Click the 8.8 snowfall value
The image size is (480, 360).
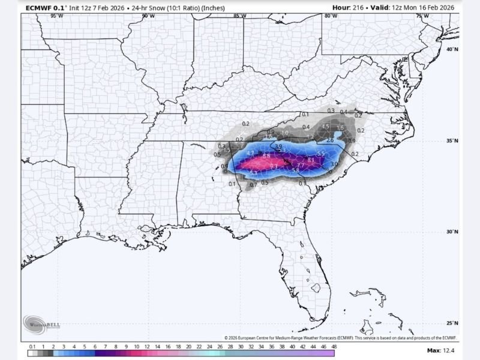pyautogui.click(x=266, y=155)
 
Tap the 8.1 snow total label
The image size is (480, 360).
pyautogui.click(x=311, y=160)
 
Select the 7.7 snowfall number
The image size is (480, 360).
pyautogui.click(x=301, y=165)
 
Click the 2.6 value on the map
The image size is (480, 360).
pyautogui.click(x=330, y=140)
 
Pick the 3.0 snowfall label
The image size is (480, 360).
pyautogui.click(x=334, y=163)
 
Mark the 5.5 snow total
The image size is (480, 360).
pyautogui.click(x=321, y=154)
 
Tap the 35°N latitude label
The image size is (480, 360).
pyautogui.click(x=453, y=141)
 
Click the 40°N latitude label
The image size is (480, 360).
pyautogui.click(x=453, y=50)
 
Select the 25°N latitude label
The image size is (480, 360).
pyautogui.click(x=453, y=322)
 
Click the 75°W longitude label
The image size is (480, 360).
pyautogui.click(x=422, y=16)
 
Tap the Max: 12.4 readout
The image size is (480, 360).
pyautogui.click(x=441, y=350)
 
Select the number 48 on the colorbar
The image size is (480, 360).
pyautogui.click(x=333, y=346)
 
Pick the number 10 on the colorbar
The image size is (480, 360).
pyautogui.click(x=137, y=346)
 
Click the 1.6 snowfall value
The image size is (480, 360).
pyautogui.click(x=340, y=128)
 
